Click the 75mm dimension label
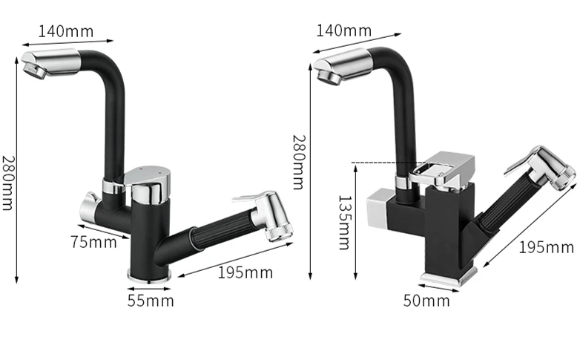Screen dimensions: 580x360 [x=94, y=242]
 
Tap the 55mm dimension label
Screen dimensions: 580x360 [x=151, y=301]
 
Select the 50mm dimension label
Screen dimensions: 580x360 [x=426, y=301]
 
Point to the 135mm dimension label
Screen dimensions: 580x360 [x=344, y=223]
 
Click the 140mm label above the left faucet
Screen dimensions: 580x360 [x=66, y=31]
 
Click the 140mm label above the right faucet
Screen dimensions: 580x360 [x=344, y=30]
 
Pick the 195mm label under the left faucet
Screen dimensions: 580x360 [x=245, y=272]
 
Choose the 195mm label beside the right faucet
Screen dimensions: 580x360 [x=547, y=247]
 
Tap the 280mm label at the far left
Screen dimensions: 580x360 [x=7, y=183]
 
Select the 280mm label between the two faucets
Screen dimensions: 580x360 [x=299, y=163]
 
